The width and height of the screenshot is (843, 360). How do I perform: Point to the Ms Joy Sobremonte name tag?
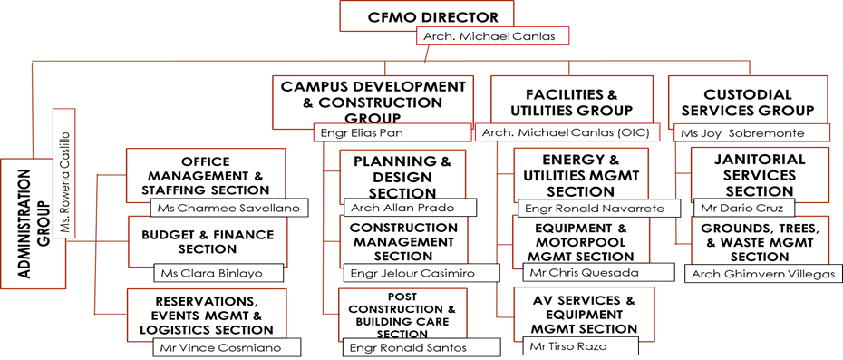pos(754,133)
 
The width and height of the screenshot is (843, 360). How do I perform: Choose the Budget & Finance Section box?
pos(201,241)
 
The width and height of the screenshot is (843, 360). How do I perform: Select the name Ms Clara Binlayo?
pos(218,273)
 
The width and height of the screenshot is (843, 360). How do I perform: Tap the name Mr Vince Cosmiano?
pos(218,348)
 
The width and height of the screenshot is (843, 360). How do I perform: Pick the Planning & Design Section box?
pos(403,176)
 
